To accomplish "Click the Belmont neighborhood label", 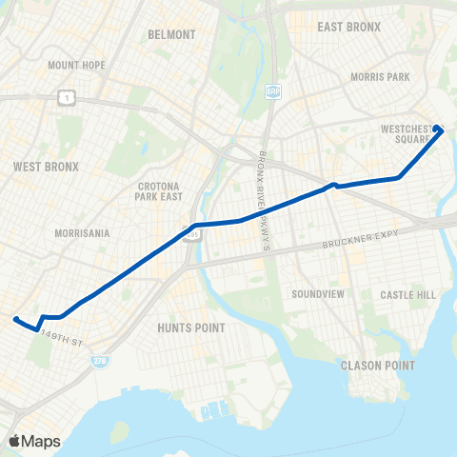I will pyautogui.click(x=171, y=34).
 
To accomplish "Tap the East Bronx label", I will pyautogui.click(x=348, y=27).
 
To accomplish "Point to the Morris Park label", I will pyautogui.click(x=379, y=76).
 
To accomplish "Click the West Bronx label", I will pyautogui.click(x=46, y=167).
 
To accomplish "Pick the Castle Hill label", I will pyautogui.click(x=407, y=295).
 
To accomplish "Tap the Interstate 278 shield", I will pyautogui.click(x=98, y=362).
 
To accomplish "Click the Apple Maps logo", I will pyautogui.click(x=33, y=440).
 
